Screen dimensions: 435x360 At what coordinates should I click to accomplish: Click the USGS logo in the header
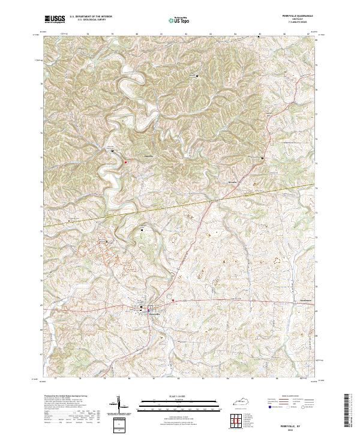click(x=55, y=19)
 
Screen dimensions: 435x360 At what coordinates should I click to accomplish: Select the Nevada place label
click(x=233, y=181)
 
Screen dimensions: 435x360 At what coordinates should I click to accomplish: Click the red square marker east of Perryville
click(x=173, y=299)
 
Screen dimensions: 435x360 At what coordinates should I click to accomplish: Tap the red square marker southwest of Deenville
click(x=125, y=161)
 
